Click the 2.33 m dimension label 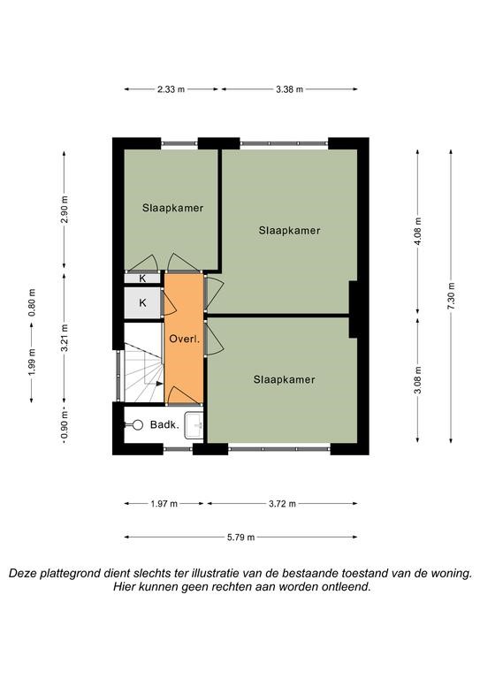click(x=171, y=89)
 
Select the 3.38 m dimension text click(x=290, y=89)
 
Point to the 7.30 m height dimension click(x=451, y=296)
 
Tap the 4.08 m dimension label click(x=417, y=232)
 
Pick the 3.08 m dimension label click(x=417, y=380)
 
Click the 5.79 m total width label click(x=241, y=538)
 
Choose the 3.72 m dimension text click(x=282, y=504)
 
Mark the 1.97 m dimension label click(x=164, y=504)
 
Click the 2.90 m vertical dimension click(x=64, y=210)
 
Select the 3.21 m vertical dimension click(x=64, y=338)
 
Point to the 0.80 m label click(x=32, y=302)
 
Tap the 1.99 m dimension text click(x=32, y=362)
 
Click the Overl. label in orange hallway click(x=185, y=339)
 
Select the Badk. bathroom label click(x=164, y=424)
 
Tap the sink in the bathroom click(x=194, y=424)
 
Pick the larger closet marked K click(x=143, y=303)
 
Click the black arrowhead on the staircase click(x=159, y=384)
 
